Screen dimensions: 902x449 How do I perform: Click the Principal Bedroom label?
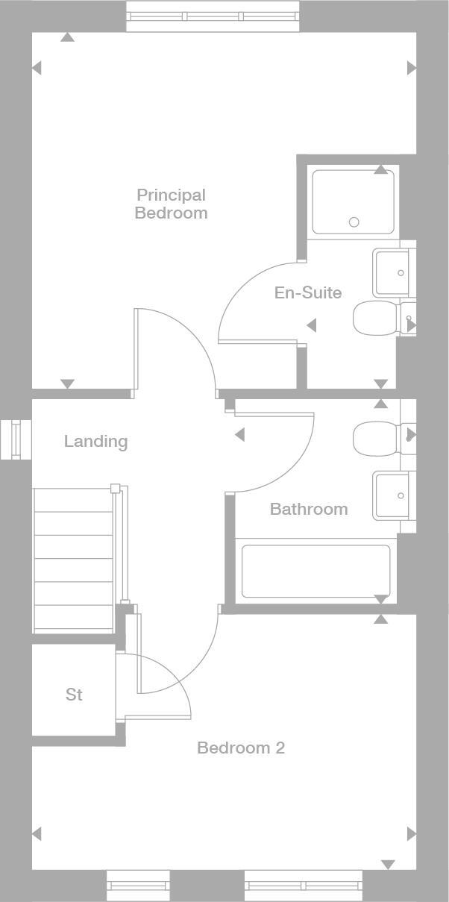[171, 204]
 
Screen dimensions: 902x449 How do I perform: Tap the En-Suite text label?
[307, 292]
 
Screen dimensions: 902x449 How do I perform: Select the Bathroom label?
[308, 509]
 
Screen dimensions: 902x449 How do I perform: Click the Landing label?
[95, 441]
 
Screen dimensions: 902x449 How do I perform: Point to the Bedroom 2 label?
[240, 748]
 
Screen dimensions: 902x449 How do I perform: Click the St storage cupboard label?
[73, 695]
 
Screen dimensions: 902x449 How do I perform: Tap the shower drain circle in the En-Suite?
[354, 222]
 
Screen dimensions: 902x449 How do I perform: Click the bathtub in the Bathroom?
[315, 571]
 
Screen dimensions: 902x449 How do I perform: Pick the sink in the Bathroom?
[392, 495]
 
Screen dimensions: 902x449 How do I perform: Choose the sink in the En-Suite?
[392, 272]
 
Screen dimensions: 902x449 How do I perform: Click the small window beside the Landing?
[15, 439]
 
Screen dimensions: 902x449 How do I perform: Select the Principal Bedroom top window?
[213, 16]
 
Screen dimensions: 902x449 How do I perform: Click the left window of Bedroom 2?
[138, 886]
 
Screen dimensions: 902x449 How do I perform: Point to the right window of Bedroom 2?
[303, 886]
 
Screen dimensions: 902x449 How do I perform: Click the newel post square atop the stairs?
[115, 489]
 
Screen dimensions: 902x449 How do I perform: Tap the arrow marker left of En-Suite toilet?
[312, 325]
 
